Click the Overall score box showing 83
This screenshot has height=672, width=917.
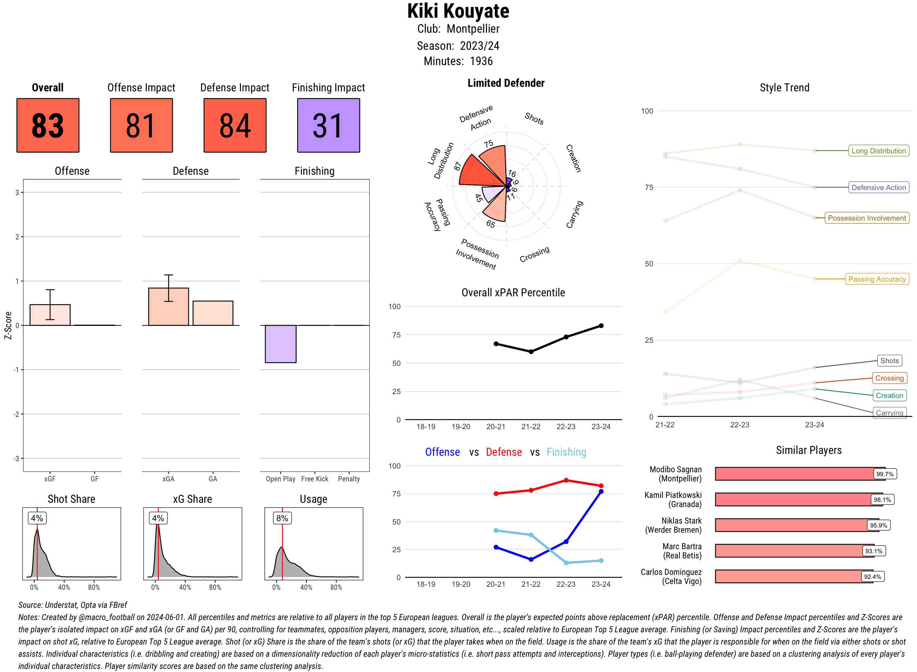pyautogui.click(x=48, y=125)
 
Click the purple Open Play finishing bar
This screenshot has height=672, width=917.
pyautogui.click(x=280, y=344)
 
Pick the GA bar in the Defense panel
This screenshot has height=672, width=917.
pyautogui.click(x=212, y=313)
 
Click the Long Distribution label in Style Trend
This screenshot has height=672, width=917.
pyautogui.click(x=878, y=151)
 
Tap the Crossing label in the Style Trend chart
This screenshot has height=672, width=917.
pyautogui.click(x=889, y=378)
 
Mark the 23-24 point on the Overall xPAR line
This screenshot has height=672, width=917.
pyautogui.click(x=601, y=326)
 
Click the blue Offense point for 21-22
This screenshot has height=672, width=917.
pyautogui.click(x=531, y=560)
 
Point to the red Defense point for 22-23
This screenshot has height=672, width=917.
pyautogui.click(x=566, y=480)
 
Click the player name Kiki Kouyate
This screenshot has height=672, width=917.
pyautogui.click(x=458, y=11)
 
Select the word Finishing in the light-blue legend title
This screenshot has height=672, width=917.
pyautogui.click(x=566, y=452)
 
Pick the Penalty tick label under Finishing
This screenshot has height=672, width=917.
pyautogui.click(x=349, y=479)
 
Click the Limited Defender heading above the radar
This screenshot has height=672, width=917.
pyautogui.click(x=506, y=83)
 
